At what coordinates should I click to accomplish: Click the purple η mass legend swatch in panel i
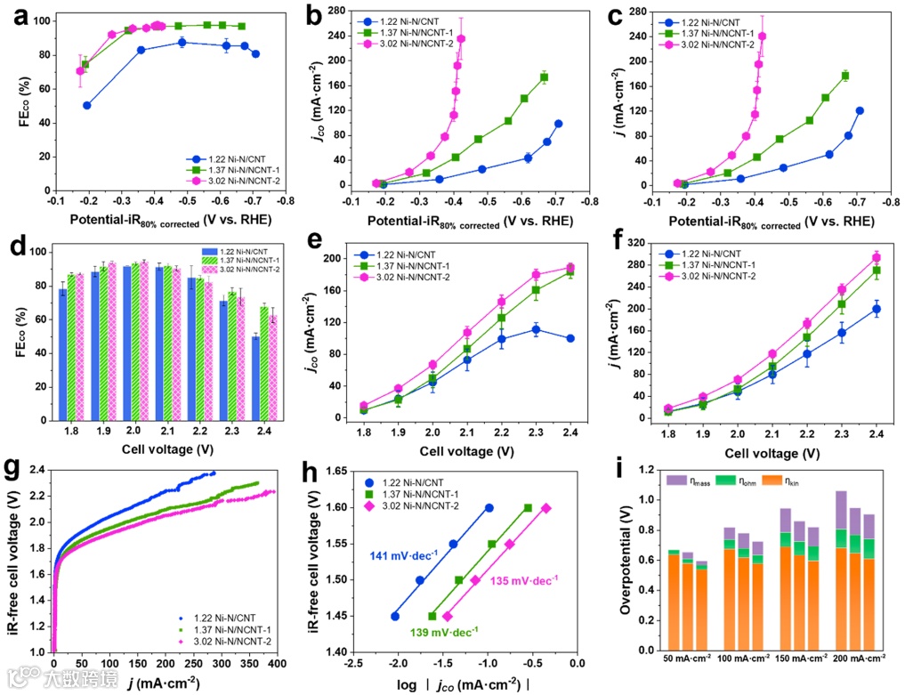pyautogui.click(x=675, y=480)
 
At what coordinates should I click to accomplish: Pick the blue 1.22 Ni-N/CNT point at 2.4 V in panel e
pyautogui.click(x=570, y=338)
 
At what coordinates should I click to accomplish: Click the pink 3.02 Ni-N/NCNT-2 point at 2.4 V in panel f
pyautogui.click(x=876, y=258)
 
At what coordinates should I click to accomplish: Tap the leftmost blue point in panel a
pyautogui.click(x=87, y=105)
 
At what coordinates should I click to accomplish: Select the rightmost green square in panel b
pyautogui.click(x=544, y=77)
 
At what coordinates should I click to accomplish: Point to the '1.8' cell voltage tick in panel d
pyautogui.click(x=72, y=428)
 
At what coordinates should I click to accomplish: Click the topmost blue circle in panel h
pyautogui.click(x=489, y=508)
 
